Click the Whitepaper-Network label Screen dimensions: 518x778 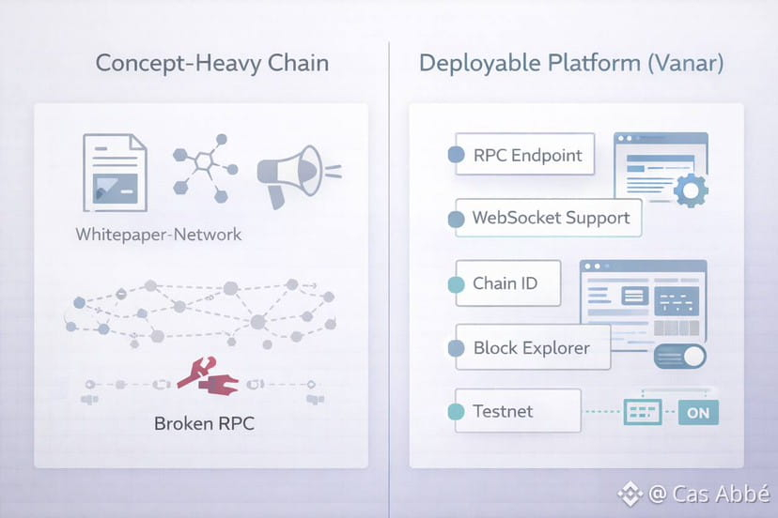(x=158, y=234)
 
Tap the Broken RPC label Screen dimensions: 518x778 (x=204, y=422)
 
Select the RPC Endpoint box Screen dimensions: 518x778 (x=522, y=155)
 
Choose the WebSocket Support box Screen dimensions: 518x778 (x=548, y=218)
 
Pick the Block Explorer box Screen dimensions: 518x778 (x=530, y=347)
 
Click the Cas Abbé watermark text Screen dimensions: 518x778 (x=706, y=494)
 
